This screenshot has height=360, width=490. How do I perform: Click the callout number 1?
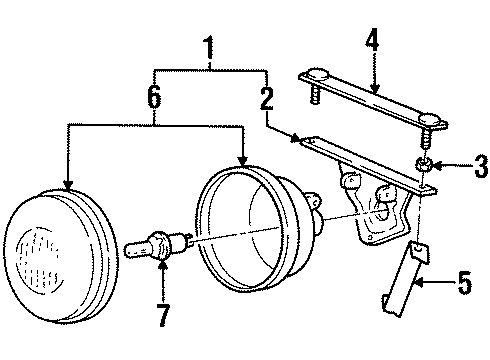tap(209, 46)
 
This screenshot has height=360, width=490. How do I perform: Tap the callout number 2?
tap(266, 97)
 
